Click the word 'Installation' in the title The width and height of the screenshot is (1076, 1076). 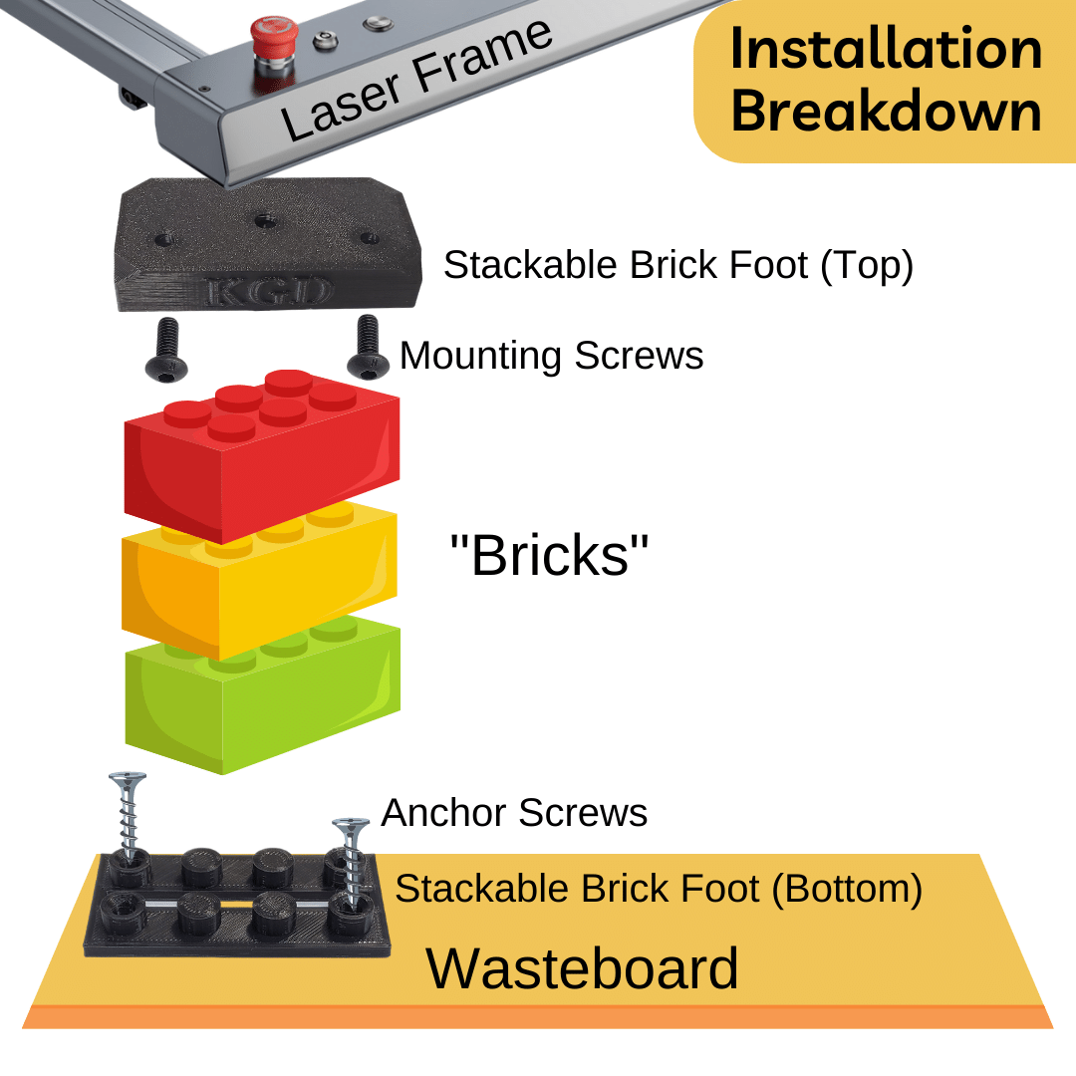click(886, 49)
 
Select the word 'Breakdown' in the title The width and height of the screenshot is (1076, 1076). click(886, 111)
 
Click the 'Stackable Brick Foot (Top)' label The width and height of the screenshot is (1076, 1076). click(677, 265)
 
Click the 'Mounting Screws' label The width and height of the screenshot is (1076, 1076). click(551, 356)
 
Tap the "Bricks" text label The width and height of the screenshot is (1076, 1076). click(549, 555)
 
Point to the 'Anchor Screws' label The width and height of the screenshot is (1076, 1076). click(514, 813)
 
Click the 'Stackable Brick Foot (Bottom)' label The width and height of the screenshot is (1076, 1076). click(658, 888)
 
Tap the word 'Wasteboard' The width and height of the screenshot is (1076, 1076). click(583, 967)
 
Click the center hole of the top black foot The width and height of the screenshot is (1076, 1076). click(264, 221)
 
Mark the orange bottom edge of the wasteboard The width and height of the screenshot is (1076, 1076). click(538, 1016)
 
